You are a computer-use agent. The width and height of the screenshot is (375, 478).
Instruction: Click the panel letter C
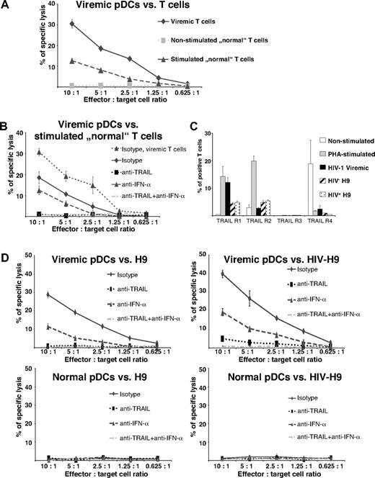(x=200, y=122)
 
